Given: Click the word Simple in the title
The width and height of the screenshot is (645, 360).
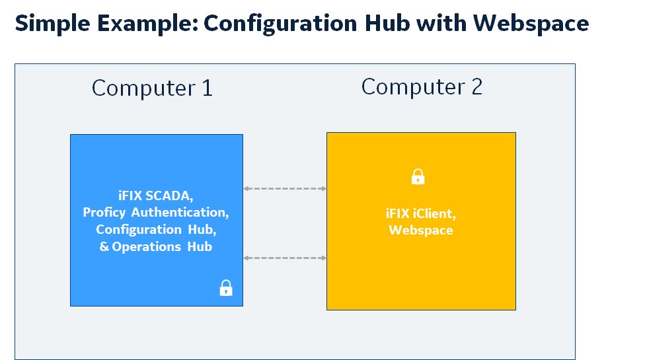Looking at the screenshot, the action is (53, 24).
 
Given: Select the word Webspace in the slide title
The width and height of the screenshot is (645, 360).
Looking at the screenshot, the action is (531, 24).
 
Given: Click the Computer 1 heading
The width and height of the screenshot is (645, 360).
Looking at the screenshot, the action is (152, 88).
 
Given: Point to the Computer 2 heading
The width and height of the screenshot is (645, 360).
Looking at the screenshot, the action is (422, 87).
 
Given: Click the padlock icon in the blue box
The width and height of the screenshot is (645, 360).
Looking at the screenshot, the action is (226, 288).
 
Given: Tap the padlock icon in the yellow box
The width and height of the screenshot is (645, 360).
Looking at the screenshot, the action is (418, 177).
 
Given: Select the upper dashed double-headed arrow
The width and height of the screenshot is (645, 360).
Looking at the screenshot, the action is (285, 189).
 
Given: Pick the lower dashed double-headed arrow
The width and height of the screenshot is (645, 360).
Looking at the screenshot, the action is (285, 258).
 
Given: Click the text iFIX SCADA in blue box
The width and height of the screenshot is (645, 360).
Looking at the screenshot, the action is (156, 196).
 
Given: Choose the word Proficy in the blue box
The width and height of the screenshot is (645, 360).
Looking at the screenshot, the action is (104, 213).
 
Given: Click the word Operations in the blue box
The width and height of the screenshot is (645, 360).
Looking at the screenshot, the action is (147, 246).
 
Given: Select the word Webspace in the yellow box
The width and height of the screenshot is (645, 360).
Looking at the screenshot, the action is (421, 230).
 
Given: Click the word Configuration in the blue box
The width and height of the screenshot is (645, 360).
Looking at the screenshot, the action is (139, 229).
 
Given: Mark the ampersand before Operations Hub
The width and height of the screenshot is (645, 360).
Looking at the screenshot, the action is (104, 246).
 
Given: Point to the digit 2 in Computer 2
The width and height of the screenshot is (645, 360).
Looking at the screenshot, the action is (476, 87).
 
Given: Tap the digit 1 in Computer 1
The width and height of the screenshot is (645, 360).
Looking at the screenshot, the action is (208, 88).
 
